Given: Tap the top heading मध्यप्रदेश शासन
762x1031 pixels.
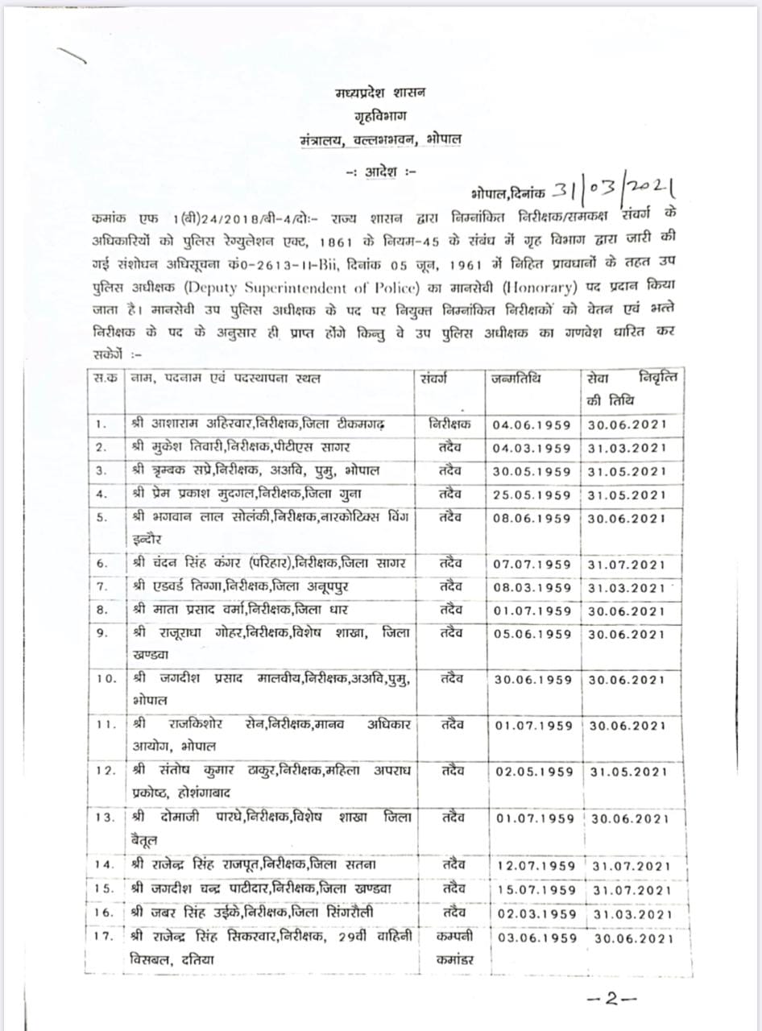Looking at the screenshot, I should coord(381,93).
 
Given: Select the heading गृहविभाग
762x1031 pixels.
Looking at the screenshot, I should coord(381,116).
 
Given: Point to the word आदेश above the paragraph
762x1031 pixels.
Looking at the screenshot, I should coord(381,172).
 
